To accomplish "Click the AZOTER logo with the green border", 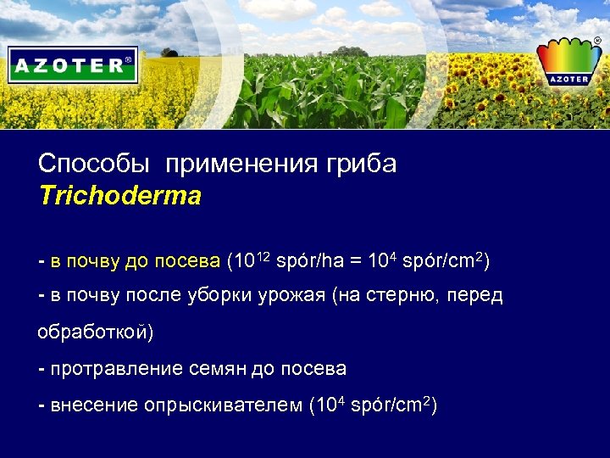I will [73, 64].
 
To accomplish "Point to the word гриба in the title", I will [365, 164].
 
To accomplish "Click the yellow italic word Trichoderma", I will [120, 197].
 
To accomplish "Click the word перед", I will [474, 295].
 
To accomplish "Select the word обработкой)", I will [96, 332].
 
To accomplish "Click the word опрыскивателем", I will [223, 405].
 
